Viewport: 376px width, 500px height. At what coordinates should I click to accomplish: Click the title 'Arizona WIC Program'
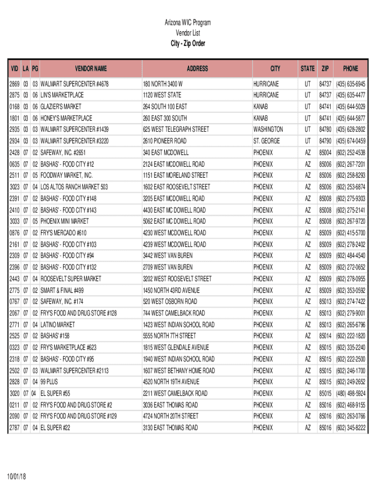(188, 22)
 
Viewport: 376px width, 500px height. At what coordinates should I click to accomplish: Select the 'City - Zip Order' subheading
(188, 43)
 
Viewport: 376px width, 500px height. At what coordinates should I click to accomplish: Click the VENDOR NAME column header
(90, 69)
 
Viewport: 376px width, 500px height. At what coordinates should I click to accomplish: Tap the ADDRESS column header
(197, 69)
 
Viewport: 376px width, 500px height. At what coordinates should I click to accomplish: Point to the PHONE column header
(350, 69)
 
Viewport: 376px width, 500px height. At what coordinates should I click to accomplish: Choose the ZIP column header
(325, 69)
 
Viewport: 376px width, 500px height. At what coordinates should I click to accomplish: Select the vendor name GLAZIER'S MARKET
(61, 106)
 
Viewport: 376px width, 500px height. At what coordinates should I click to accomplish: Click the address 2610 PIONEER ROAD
(165, 141)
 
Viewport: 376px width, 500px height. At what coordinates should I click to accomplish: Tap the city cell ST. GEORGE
(267, 141)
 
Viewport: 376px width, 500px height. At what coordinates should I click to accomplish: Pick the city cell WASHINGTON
(268, 129)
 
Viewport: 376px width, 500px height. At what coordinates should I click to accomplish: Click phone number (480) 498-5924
(350, 393)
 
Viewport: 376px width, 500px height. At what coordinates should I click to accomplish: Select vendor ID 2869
(14, 84)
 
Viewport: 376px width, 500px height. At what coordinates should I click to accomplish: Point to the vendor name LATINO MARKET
(58, 324)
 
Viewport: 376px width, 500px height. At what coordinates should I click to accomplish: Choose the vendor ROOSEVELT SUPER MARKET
(71, 278)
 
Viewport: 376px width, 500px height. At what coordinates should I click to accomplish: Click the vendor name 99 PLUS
(49, 381)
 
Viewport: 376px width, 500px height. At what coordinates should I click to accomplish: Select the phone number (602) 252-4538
(350, 152)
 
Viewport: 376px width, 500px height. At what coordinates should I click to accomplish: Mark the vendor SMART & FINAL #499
(62, 290)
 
